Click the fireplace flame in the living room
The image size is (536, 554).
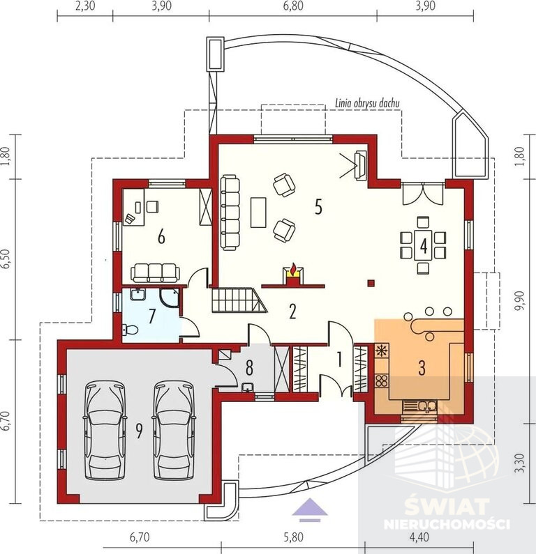point(293,269)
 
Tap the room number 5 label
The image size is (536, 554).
point(318,207)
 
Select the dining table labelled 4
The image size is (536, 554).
point(423,245)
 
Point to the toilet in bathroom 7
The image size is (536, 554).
point(130,330)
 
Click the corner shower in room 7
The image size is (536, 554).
point(170,298)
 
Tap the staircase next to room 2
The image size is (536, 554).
point(239,300)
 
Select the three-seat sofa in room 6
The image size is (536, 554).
point(155,272)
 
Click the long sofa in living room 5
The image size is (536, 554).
point(230,213)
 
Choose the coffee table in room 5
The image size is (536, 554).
point(258,213)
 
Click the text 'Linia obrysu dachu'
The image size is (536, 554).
point(367,103)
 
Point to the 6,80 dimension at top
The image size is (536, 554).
point(293,6)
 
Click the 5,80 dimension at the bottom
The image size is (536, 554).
point(293,537)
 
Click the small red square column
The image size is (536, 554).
point(371,283)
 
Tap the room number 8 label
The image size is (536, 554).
point(249,368)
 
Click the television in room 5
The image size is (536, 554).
point(360,165)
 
